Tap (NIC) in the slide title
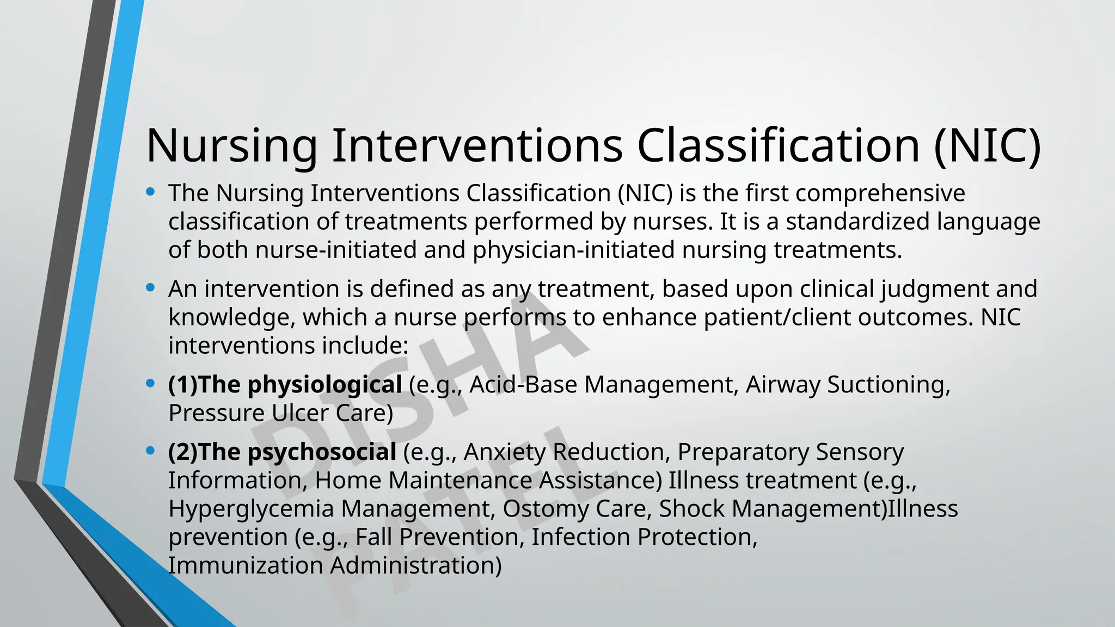pyautogui.click(x=987, y=146)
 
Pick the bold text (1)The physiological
pyautogui.click(x=285, y=385)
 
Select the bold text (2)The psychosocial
pyautogui.click(x=282, y=452)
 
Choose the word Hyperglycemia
pyautogui.click(x=251, y=509)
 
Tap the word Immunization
pyautogui.click(x=246, y=565)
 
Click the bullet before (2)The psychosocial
pyautogui.click(x=151, y=450)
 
